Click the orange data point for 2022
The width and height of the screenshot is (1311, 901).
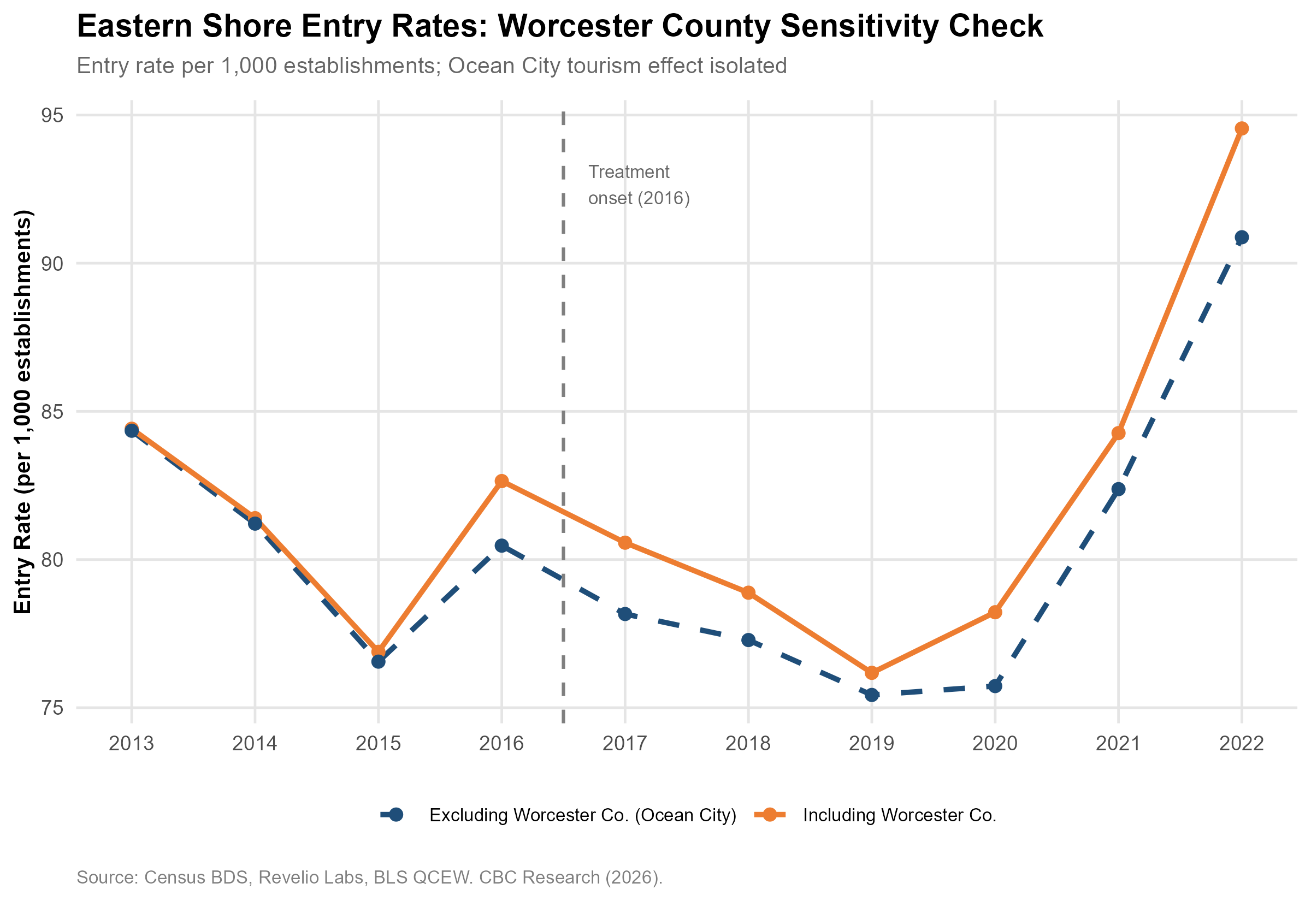pos(1241,129)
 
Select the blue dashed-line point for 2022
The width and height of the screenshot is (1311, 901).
pos(1241,237)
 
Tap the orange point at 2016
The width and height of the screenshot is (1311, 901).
pos(501,481)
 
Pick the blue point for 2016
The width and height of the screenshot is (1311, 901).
pos(501,546)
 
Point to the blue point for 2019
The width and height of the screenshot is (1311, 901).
pos(872,695)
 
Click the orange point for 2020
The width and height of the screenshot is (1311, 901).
pos(995,612)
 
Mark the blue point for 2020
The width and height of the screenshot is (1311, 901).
pos(995,686)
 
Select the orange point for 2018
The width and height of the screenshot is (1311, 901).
pos(748,592)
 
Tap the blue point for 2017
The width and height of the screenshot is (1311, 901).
pos(625,614)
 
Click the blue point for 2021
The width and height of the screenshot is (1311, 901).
pos(1118,489)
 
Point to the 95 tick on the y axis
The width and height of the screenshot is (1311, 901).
pos(51,115)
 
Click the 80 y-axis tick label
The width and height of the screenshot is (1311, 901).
pos(51,560)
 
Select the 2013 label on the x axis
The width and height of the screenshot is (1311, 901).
pos(132,744)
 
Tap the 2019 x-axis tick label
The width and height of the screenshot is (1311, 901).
pos(872,744)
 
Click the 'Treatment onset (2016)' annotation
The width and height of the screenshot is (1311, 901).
pos(639,185)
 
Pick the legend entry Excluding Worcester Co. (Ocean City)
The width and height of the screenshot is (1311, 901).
pos(558,815)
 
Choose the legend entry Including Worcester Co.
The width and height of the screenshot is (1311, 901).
pos(876,815)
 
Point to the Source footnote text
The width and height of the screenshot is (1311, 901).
pos(370,878)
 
